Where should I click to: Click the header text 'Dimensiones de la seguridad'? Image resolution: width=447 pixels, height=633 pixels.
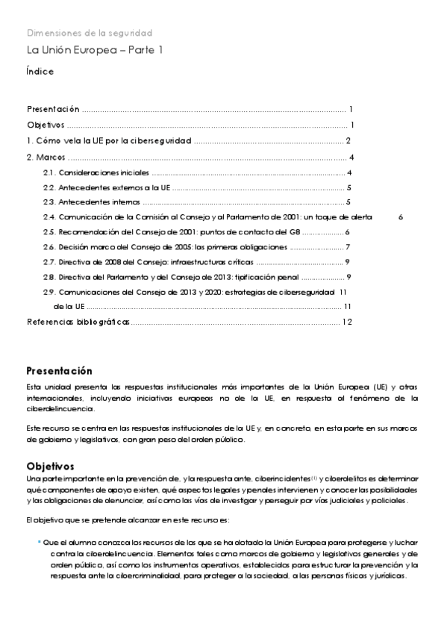[x=89, y=33]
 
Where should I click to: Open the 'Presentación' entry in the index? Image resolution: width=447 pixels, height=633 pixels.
[x=53, y=109]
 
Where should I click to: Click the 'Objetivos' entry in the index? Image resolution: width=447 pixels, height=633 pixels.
[x=46, y=125]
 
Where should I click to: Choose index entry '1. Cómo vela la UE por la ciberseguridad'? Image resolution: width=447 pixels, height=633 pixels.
[x=109, y=141]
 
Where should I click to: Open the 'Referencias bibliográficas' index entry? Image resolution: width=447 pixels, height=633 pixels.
[x=78, y=322]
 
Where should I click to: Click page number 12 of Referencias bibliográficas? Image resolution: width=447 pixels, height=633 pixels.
[x=346, y=322]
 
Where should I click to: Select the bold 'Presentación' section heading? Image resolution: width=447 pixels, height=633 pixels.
[x=59, y=371]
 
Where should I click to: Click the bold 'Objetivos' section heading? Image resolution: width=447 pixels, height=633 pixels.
[x=50, y=466]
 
